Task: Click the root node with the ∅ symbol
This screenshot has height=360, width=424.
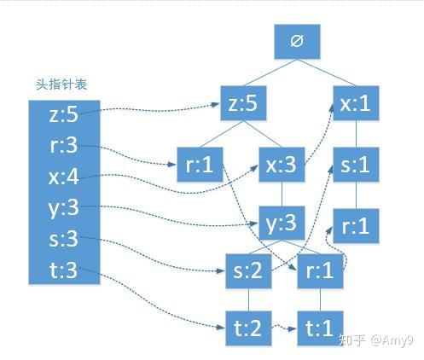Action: click(295, 40)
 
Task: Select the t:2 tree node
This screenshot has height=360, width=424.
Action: click(248, 328)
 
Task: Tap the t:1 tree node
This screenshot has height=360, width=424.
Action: click(319, 328)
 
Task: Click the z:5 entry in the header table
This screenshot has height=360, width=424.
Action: click(63, 113)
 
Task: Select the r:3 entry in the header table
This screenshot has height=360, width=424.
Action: click(63, 145)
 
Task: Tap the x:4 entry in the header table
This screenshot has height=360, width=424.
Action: click(63, 177)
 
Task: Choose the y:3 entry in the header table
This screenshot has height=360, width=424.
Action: click(63, 207)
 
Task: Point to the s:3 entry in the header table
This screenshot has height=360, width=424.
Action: click(63, 239)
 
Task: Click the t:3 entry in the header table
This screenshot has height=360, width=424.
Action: click(63, 270)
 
